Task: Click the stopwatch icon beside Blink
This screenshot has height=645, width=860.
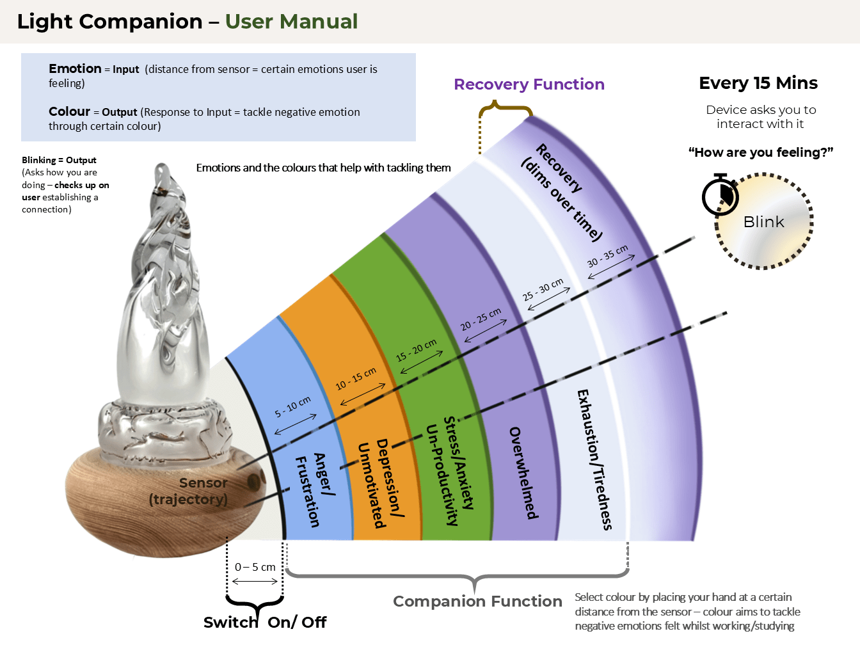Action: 720,196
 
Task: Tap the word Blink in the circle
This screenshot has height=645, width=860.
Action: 763,222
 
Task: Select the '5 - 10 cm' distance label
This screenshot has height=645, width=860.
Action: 293,407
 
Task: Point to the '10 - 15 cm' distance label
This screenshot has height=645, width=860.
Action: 356,378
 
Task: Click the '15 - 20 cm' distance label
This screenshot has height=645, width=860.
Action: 416,350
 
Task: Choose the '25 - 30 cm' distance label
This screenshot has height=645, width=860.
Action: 543,290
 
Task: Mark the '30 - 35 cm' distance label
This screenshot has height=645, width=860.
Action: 608,257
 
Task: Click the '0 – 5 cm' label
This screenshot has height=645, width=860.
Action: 255,567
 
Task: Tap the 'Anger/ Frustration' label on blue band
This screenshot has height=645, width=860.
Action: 315,490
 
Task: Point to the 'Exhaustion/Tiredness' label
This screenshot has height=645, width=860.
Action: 594,459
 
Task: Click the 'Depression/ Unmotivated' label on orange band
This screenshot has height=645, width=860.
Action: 381,483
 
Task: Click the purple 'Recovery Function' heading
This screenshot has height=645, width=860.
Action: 529,84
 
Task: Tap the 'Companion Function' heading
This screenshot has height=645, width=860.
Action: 477,601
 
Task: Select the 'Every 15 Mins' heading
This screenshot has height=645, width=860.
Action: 758,83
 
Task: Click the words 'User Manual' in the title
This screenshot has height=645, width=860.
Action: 291,22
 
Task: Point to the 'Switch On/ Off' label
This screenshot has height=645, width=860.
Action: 265,622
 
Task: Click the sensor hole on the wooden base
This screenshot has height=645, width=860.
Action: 254,482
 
